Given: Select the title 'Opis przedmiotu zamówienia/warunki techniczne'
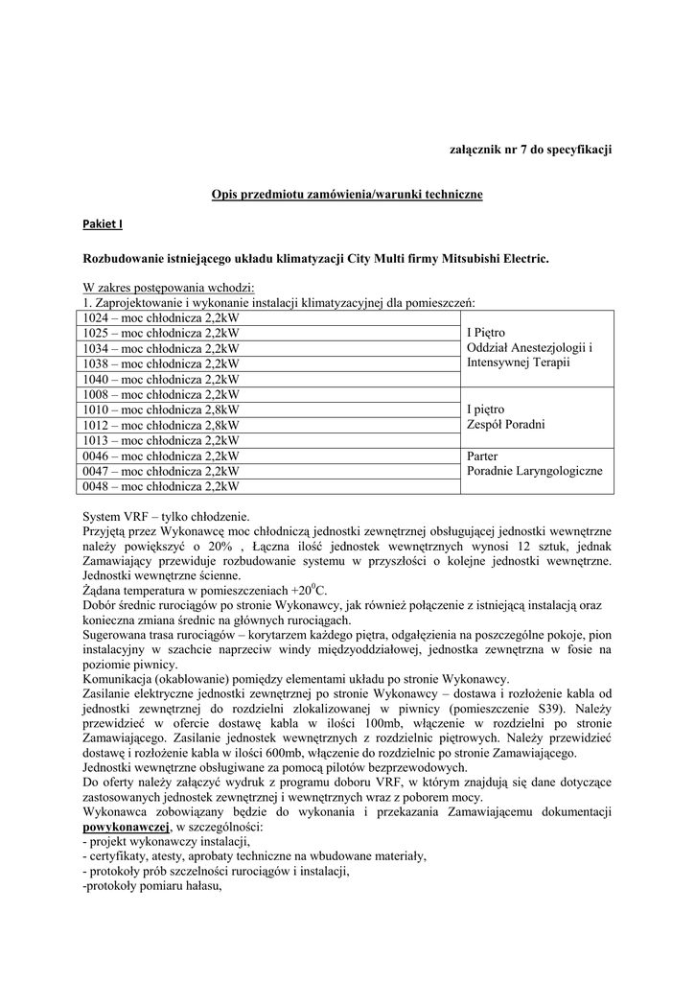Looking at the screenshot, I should coord(347,195).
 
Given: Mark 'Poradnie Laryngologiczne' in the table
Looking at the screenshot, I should coord(534,472).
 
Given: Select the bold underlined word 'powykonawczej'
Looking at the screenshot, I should coord(127,827).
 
